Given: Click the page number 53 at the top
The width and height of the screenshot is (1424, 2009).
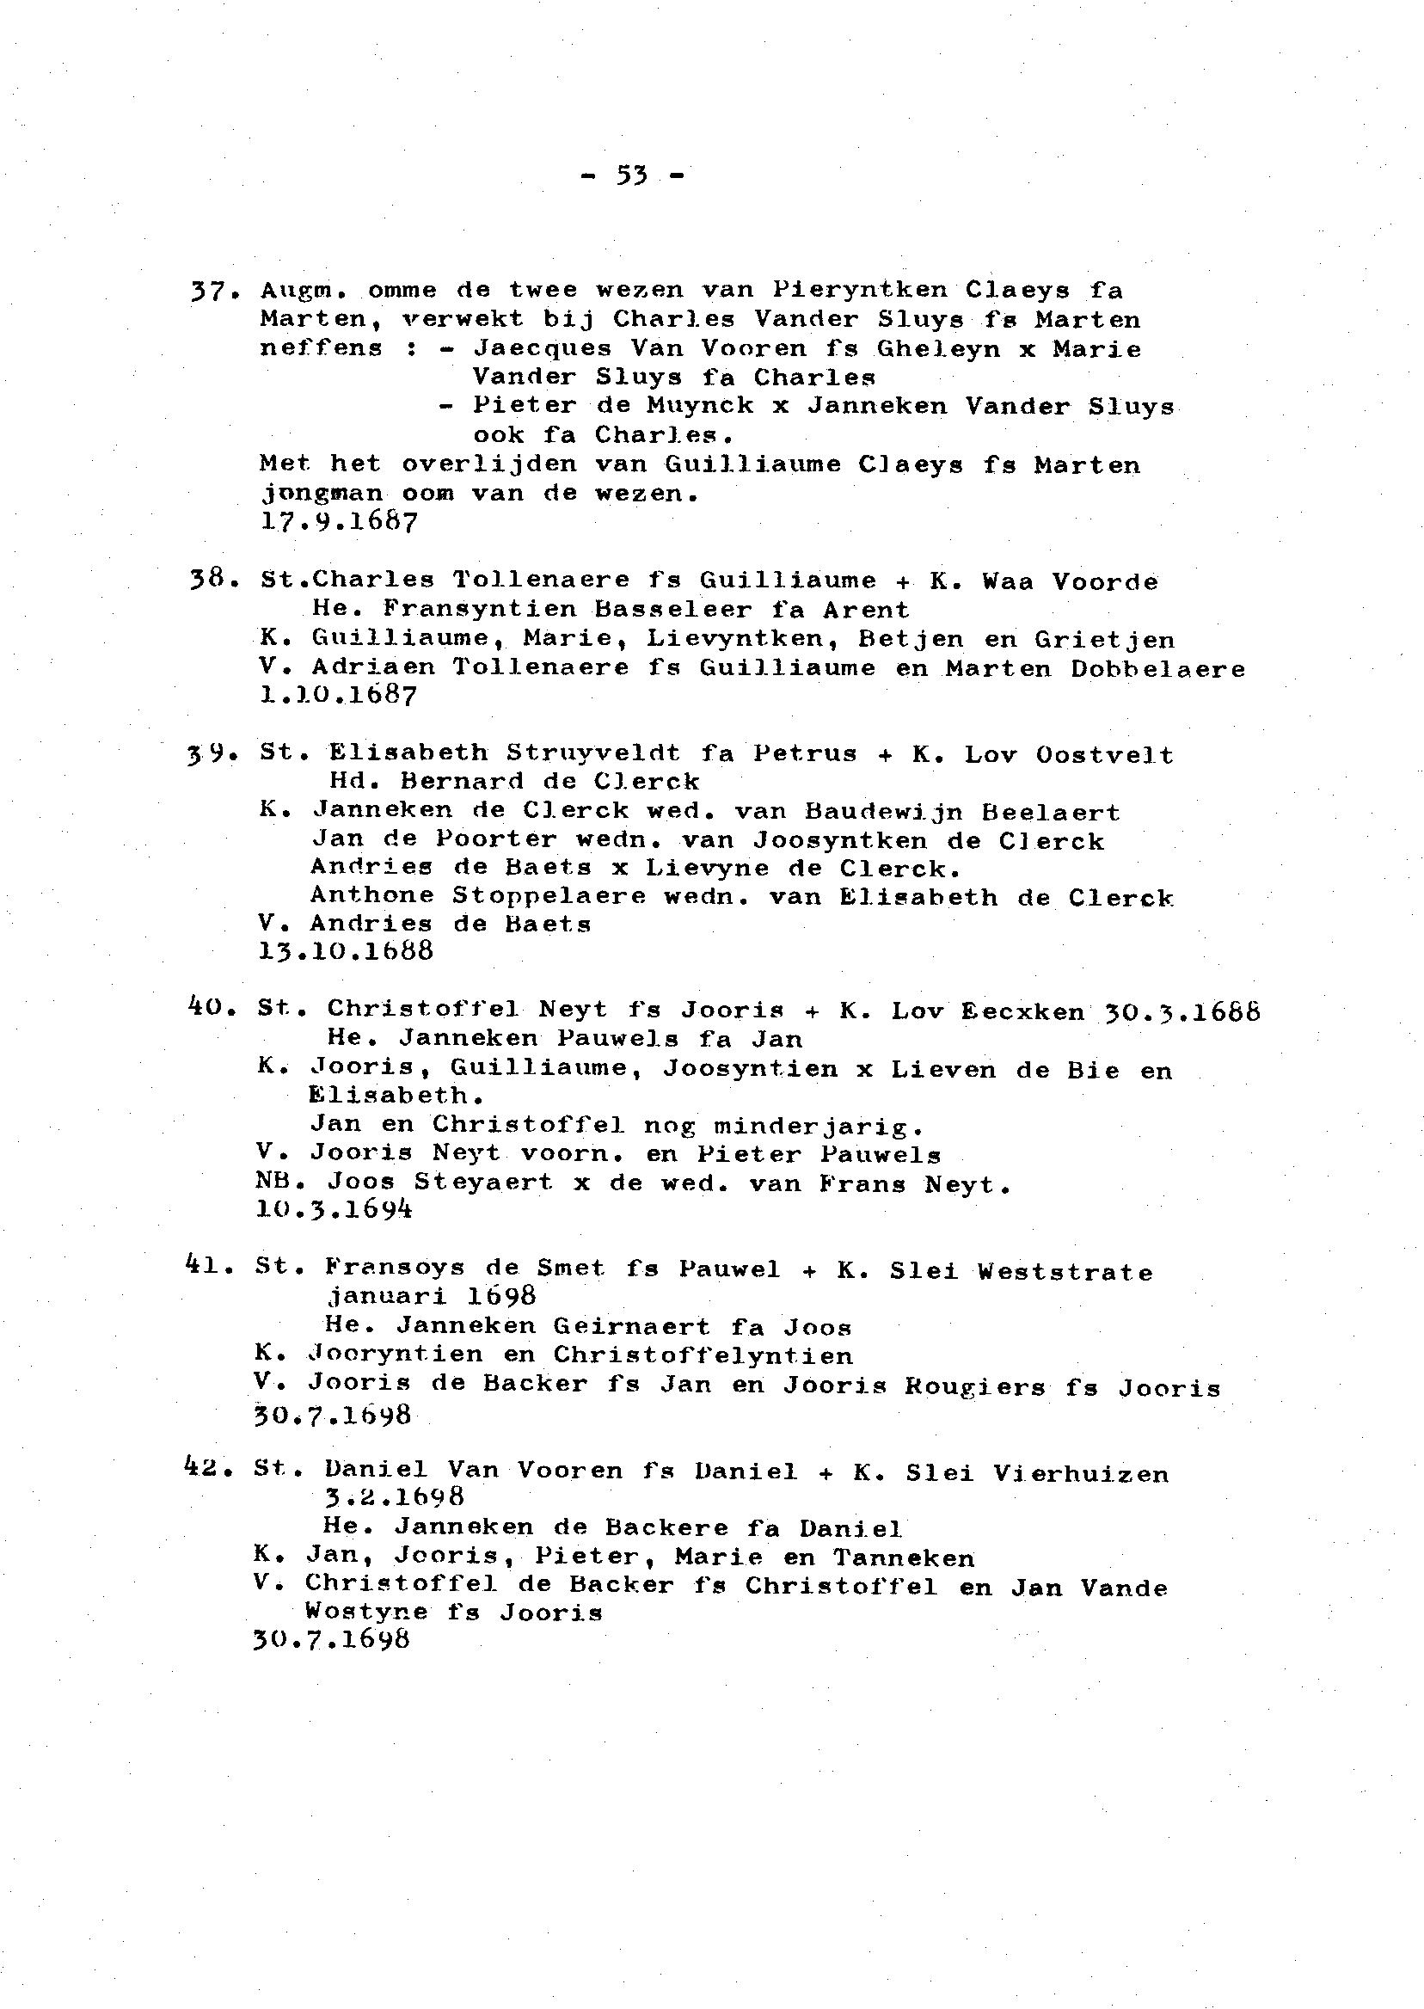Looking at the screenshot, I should pos(631,176).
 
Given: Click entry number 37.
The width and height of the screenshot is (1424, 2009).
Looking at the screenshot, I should pos(210,291).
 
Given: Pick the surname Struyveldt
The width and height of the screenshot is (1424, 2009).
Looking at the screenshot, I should pos(592,753).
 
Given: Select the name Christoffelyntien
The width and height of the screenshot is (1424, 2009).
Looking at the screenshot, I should pos(703,1355).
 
